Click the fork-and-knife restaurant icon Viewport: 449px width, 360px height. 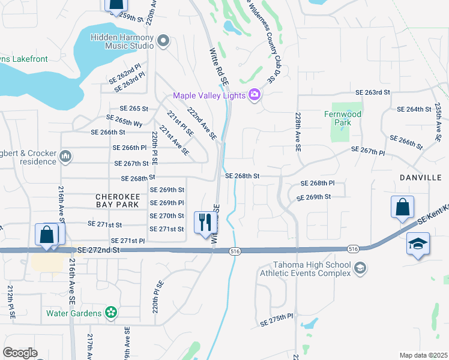[x=206, y=223]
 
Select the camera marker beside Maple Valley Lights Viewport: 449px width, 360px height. [x=255, y=95]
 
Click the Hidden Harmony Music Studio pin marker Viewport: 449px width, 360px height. [x=163, y=41]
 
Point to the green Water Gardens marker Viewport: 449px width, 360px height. [x=110, y=312]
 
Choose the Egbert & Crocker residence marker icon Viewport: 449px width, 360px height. [x=65, y=157]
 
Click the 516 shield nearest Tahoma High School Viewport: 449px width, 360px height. [x=354, y=248]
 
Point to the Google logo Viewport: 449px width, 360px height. [x=20, y=352]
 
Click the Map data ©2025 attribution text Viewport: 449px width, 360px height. [x=423, y=355]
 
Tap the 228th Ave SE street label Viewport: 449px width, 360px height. [x=297, y=131]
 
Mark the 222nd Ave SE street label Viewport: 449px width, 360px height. [x=202, y=124]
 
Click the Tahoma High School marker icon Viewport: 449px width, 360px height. [x=360, y=268]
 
